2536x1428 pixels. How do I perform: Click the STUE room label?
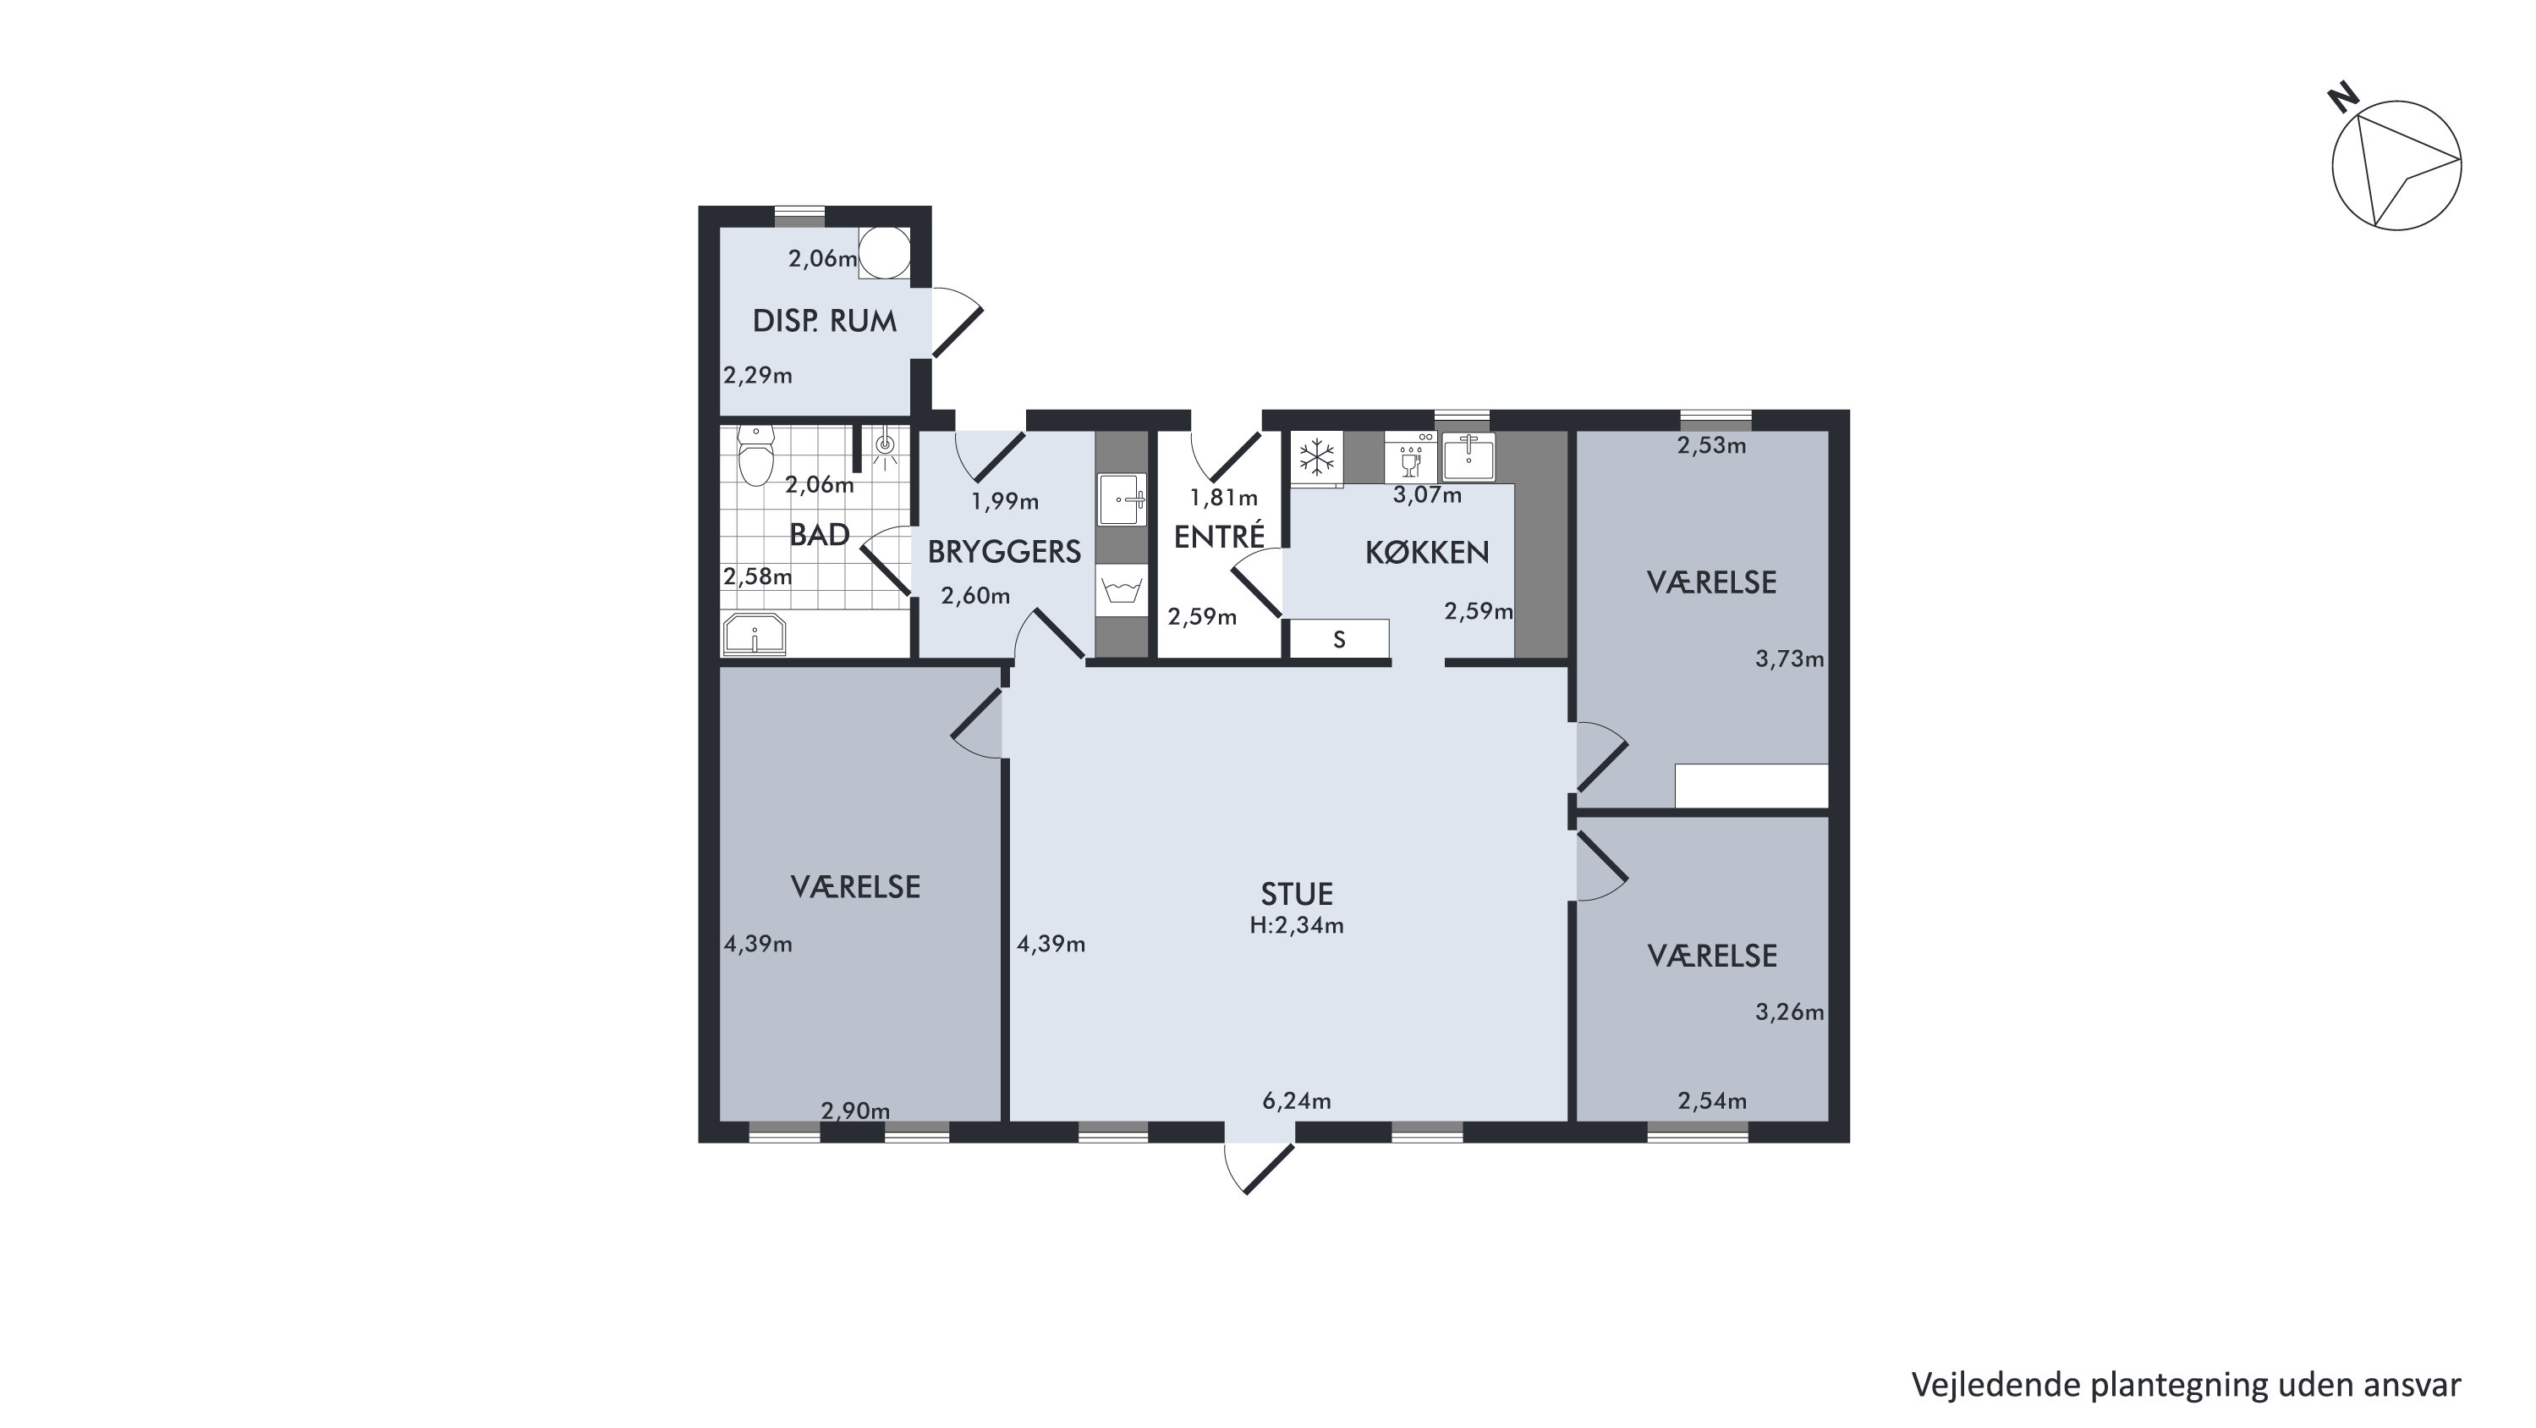(1297, 893)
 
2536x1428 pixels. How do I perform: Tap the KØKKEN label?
(1426, 553)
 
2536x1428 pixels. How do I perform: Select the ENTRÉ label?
(1219, 536)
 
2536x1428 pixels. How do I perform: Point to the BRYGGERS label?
(1004, 552)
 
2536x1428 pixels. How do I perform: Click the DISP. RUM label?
(824, 321)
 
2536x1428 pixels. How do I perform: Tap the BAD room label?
(819, 535)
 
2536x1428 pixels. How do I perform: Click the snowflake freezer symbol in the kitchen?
(1317, 457)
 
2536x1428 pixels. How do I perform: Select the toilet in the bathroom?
(755, 455)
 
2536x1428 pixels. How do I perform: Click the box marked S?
(1339, 639)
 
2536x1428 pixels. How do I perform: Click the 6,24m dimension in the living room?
(1297, 1101)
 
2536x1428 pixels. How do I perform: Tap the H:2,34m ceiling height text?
(1297, 924)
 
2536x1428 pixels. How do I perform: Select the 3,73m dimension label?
(1789, 659)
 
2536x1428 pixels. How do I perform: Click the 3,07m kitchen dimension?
(1426, 495)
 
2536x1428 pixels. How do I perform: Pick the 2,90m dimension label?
(854, 1111)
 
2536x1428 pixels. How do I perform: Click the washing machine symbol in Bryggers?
(1123, 590)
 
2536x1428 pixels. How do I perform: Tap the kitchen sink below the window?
(1468, 457)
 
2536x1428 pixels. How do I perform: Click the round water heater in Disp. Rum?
(883, 253)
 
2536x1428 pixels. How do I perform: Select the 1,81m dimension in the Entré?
(1224, 499)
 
